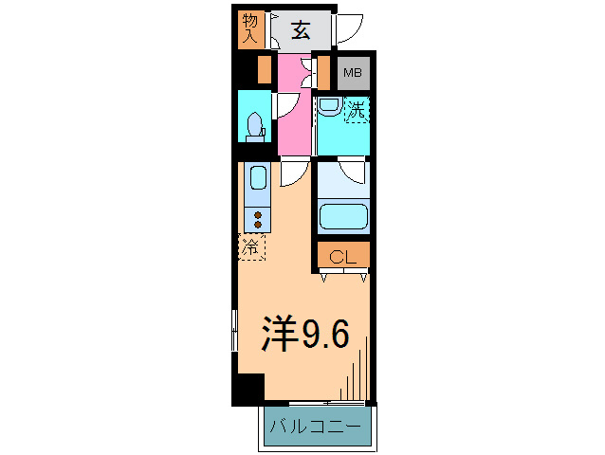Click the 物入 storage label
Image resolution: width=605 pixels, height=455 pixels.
[x=250, y=28]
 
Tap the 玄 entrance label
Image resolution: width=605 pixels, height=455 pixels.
[x=300, y=30]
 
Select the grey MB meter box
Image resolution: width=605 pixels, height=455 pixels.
[x=352, y=72]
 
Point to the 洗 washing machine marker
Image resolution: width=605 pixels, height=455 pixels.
[x=356, y=110]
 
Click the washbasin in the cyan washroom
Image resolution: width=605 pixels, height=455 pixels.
[x=328, y=106]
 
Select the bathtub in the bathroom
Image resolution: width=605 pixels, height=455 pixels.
[x=343, y=215]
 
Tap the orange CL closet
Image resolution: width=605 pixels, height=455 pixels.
[x=343, y=257]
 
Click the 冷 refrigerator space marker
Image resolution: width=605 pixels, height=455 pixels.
[x=252, y=248]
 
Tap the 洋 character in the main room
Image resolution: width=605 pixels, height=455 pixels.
[x=279, y=333]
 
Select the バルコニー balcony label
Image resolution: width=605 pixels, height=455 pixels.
[x=314, y=428]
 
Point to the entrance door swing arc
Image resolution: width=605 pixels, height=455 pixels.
[x=350, y=28]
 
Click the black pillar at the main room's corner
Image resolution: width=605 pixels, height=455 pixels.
[x=249, y=389]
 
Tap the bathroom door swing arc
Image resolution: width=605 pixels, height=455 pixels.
[x=352, y=172]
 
